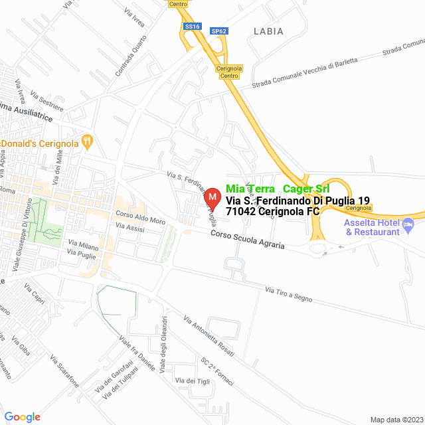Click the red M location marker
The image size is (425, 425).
click(x=212, y=197)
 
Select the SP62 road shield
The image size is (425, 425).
click(x=220, y=31)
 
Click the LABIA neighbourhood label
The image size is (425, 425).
click(x=268, y=31)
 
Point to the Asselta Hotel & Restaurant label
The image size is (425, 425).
click(x=372, y=227)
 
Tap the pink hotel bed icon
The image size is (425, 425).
click(x=408, y=227)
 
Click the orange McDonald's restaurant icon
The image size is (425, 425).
click(x=87, y=141)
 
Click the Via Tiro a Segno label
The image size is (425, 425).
click(x=288, y=294)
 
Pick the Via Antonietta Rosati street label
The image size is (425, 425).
click(x=209, y=335)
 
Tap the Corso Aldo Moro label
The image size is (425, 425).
click(x=140, y=217)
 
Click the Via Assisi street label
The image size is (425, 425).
click(x=129, y=227)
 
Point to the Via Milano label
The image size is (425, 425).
click(x=83, y=246)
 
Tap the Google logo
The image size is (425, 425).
click(x=22, y=416)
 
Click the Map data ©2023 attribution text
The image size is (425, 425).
click(x=396, y=420)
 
